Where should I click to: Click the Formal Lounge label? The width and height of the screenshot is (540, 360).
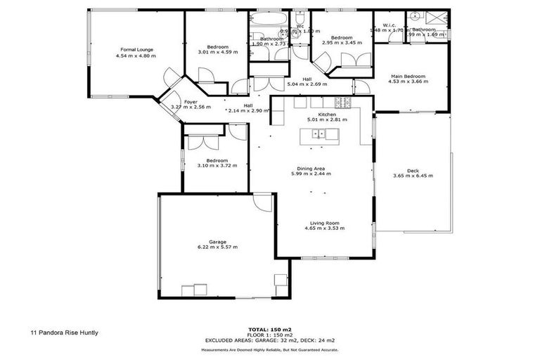point(136,49)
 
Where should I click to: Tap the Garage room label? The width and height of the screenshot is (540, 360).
point(217,241)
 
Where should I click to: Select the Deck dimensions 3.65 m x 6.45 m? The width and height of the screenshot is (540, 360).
point(413,176)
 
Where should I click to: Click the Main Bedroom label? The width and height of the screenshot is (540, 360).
point(408,76)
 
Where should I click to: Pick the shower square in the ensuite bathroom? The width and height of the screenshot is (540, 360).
point(439,19)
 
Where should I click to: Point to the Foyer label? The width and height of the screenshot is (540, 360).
point(191,102)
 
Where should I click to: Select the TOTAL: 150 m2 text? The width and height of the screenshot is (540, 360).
point(269,329)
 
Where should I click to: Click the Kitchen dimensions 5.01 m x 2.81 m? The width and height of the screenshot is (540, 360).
point(327,120)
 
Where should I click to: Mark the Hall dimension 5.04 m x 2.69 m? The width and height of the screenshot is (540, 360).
point(307,84)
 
